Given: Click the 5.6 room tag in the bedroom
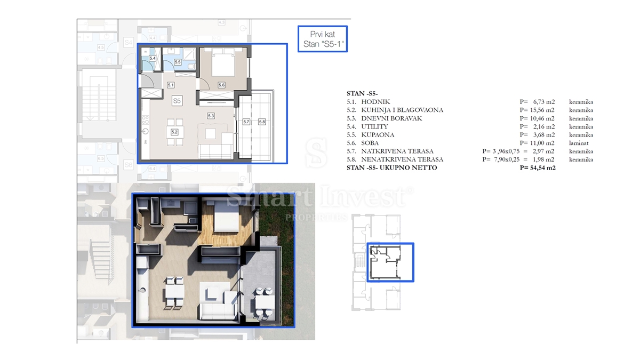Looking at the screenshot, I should point(221,85).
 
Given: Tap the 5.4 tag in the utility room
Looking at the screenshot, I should point(152,58).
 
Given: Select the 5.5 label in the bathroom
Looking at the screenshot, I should point(178,62).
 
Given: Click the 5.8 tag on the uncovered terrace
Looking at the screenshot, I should point(261,122).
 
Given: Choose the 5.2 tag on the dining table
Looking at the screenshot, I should point(174,131).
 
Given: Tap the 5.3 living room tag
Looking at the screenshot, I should point(211,115).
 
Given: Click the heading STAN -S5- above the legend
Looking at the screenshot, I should point(363,93).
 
